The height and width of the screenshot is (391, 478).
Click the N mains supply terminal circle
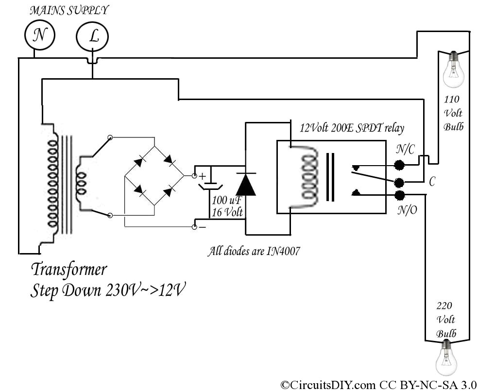tap(40, 35)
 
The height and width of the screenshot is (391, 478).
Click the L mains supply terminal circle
tap(92, 36)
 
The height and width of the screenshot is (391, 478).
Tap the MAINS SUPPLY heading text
tap(69, 10)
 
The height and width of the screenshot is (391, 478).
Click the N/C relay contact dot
tap(399, 165)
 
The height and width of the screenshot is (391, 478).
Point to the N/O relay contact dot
tap(399, 195)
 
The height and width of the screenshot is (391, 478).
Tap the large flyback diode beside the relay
tap(245, 184)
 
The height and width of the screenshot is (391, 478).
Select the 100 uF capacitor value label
tap(225, 200)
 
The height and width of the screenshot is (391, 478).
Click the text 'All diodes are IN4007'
tap(253, 252)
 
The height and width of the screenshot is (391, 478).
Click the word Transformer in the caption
tap(68, 269)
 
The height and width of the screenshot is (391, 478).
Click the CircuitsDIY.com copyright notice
tap(378, 385)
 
